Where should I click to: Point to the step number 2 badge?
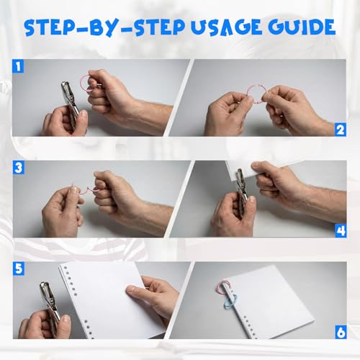[341, 130]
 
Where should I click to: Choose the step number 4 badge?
[341, 231]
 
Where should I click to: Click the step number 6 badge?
[341, 332]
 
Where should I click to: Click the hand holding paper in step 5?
[153, 295]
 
